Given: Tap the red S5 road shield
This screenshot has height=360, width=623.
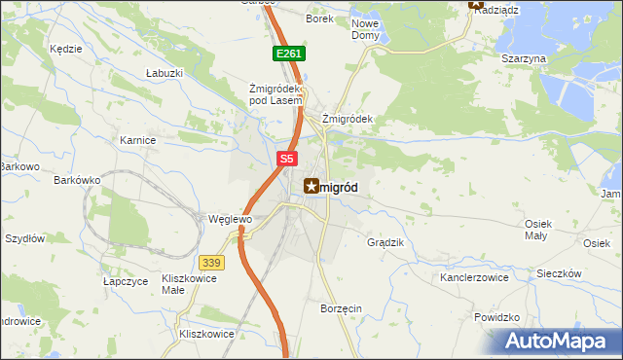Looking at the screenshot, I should pyautogui.click(x=285, y=158).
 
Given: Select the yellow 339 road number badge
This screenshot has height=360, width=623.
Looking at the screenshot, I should pyautogui.click(x=210, y=262).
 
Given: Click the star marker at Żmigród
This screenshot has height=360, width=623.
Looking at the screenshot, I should pyautogui.click(x=311, y=185).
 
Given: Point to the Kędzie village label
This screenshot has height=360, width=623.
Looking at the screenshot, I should pyautogui.click(x=64, y=48).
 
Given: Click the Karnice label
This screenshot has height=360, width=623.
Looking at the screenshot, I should pyautogui.click(x=138, y=140).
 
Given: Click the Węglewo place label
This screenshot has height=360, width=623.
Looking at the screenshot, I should pyautogui.click(x=231, y=220).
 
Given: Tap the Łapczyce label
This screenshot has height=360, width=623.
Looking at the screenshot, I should pyautogui.click(x=126, y=280).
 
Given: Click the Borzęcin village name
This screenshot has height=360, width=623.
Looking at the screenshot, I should pyautogui.click(x=341, y=308).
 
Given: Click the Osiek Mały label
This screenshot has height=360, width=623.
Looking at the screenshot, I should pyautogui.click(x=538, y=229).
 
